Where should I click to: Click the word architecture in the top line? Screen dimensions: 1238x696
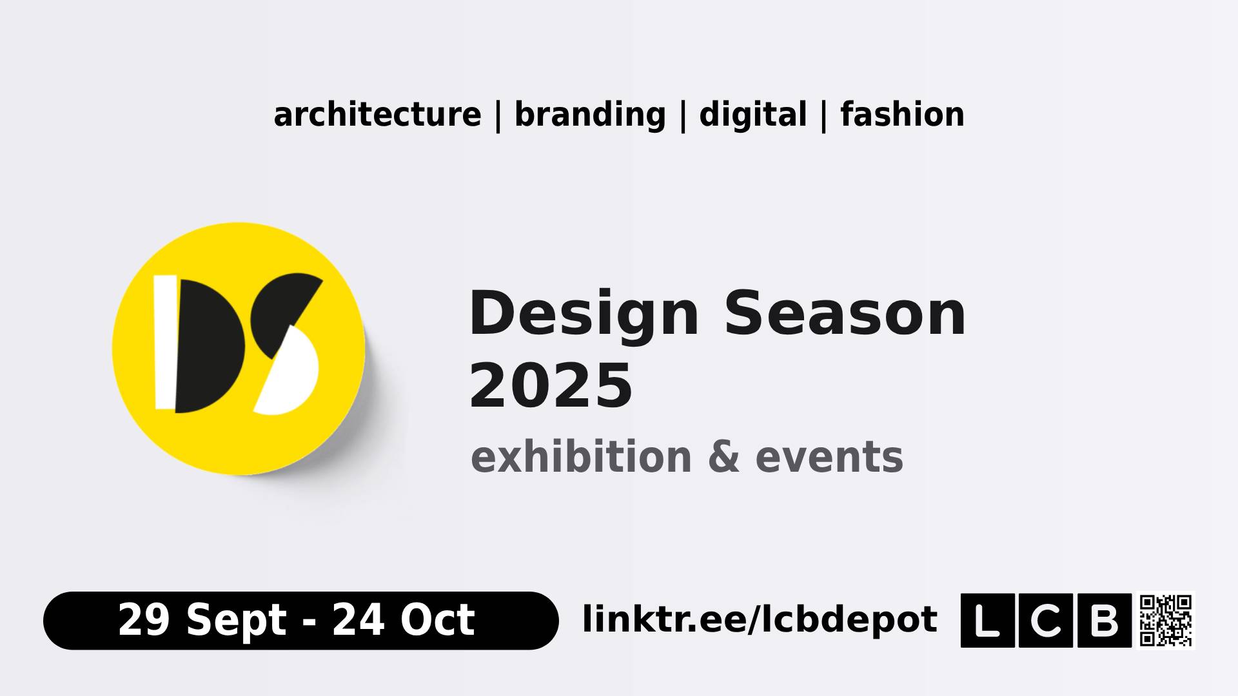click(x=377, y=115)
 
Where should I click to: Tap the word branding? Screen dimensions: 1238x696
click(x=590, y=115)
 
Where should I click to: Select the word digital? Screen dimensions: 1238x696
click(x=752, y=115)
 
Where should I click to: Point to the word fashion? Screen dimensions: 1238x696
click(x=902, y=115)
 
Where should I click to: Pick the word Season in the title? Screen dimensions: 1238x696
click(x=845, y=314)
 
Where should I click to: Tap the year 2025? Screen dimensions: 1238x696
click(x=551, y=386)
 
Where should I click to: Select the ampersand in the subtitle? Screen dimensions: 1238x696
click(x=723, y=458)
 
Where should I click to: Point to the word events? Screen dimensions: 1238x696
click(x=829, y=458)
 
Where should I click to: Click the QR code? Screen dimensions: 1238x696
click(x=1166, y=620)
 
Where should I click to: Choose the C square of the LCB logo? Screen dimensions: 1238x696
click(x=1046, y=620)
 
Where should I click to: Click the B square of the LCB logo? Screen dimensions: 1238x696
click(x=1105, y=620)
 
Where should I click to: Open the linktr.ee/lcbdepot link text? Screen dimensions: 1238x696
click(x=760, y=619)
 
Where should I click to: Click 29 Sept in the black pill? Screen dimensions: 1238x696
click(x=202, y=620)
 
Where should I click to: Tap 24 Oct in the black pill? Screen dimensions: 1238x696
click(x=404, y=620)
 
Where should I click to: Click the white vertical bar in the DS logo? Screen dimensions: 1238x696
click(x=166, y=342)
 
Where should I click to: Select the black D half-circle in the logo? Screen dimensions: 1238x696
click(x=209, y=346)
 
